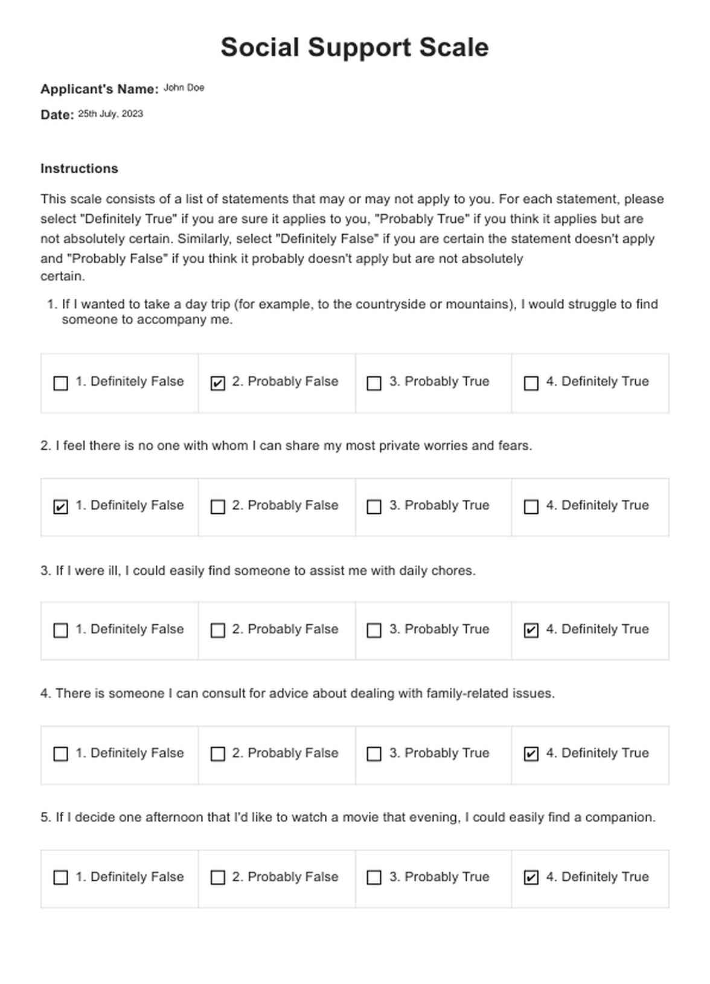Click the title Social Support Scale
click(x=354, y=48)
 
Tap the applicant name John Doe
click(x=184, y=88)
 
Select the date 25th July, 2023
click(x=110, y=113)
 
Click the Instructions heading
click(x=79, y=168)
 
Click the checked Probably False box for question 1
click(x=217, y=383)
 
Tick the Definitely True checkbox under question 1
click(x=531, y=383)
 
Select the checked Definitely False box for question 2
click(x=61, y=507)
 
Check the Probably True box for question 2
click(x=374, y=507)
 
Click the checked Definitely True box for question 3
click(x=531, y=631)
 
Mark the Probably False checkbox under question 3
click(x=217, y=631)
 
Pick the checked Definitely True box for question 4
click(x=531, y=754)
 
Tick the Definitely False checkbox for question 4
click(x=61, y=754)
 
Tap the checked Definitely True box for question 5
click(x=531, y=878)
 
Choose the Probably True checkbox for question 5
click(x=374, y=878)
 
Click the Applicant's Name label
click(x=99, y=89)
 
